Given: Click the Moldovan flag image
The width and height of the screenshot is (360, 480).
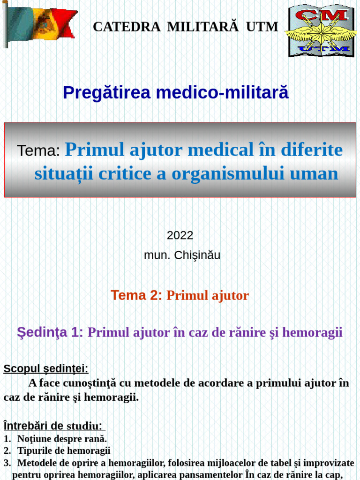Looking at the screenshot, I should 40,23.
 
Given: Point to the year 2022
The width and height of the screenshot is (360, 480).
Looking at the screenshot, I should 180,235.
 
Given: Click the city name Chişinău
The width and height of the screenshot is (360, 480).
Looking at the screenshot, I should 196,255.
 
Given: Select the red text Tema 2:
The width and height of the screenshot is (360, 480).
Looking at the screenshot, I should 136,295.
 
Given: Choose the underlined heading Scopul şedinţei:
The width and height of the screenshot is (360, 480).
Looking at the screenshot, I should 46,369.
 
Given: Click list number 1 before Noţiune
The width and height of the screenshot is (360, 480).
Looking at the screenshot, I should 7,439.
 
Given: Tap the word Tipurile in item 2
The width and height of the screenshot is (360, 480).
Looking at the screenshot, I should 35,451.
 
